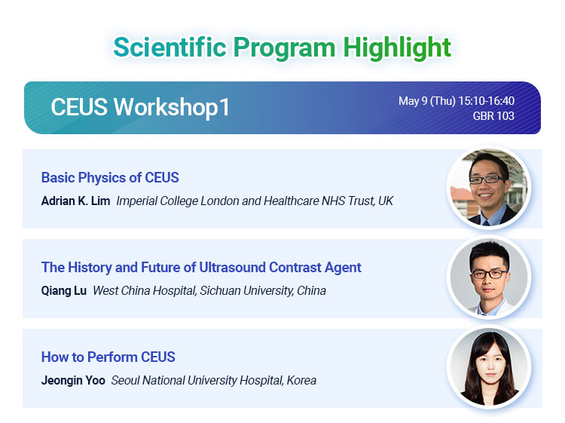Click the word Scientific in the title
click(x=169, y=48)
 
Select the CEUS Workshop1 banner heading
click(x=140, y=108)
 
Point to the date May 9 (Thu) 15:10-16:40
click(x=457, y=100)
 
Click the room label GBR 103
click(x=493, y=116)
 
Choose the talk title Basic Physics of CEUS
click(x=110, y=178)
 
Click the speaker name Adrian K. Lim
click(x=75, y=201)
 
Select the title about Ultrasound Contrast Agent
click(x=201, y=268)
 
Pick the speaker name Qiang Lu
click(x=64, y=290)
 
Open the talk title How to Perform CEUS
click(x=108, y=357)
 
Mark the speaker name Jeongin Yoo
click(x=73, y=381)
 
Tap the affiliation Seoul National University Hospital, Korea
click(x=214, y=381)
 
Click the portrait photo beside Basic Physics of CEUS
click(x=489, y=188)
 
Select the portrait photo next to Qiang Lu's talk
click(x=489, y=277)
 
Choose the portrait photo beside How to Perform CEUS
click(x=489, y=367)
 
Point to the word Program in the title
click(x=284, y=49)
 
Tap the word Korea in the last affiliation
click(x=301, y=381)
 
